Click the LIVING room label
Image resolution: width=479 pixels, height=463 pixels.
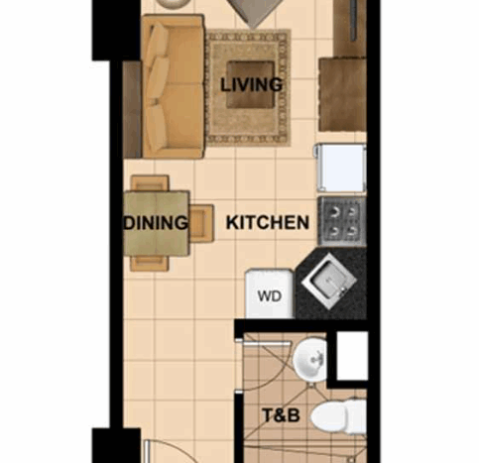pyautogui.click(x=251, y=84)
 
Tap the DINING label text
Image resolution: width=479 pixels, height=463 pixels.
pyautogui.click(x=156, y=222)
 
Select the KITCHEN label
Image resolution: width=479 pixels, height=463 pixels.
pyautogui.click(x=268, y=222)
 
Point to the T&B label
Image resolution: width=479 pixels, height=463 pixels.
pyautogui.click(x=281, y=415)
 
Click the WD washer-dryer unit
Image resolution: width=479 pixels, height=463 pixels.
pyautogui.click(x=270, y=293)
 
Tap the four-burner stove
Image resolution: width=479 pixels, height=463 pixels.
pyautogui.click(x=342, y=221)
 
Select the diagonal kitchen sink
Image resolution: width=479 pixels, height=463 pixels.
pyautogui.click(x=329, y=282)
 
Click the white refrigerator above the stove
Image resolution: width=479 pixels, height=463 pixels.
pyautogui.click(x=340, y=168)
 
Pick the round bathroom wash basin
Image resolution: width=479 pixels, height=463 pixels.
pyautogui.click(x=310, y=360)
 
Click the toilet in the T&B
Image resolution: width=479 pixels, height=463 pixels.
pyautogui.click(x=339, y=416)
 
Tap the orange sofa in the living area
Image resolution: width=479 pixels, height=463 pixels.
pyautogui.click(x=173, y=86)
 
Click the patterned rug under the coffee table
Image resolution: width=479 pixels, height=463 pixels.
pyautogui.click(x=249, y=87)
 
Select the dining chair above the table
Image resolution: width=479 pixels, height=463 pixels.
pyautogui.click(x=150, y=183)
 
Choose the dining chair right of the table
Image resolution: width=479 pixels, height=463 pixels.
pyautogui.click(x=201, y=223)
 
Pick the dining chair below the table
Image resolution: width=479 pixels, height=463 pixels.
pyautogui.click(x=150, y=264)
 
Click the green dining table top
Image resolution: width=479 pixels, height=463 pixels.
pyautogui.click(x=157, y=223)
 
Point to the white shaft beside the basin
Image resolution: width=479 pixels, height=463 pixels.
pyautogui.click(x=352, y=356)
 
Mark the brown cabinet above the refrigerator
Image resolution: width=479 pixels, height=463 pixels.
pyautogui.click(x=343, y=94)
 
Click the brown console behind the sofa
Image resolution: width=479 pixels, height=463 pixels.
pyautogui.click(x=132, y=109)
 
